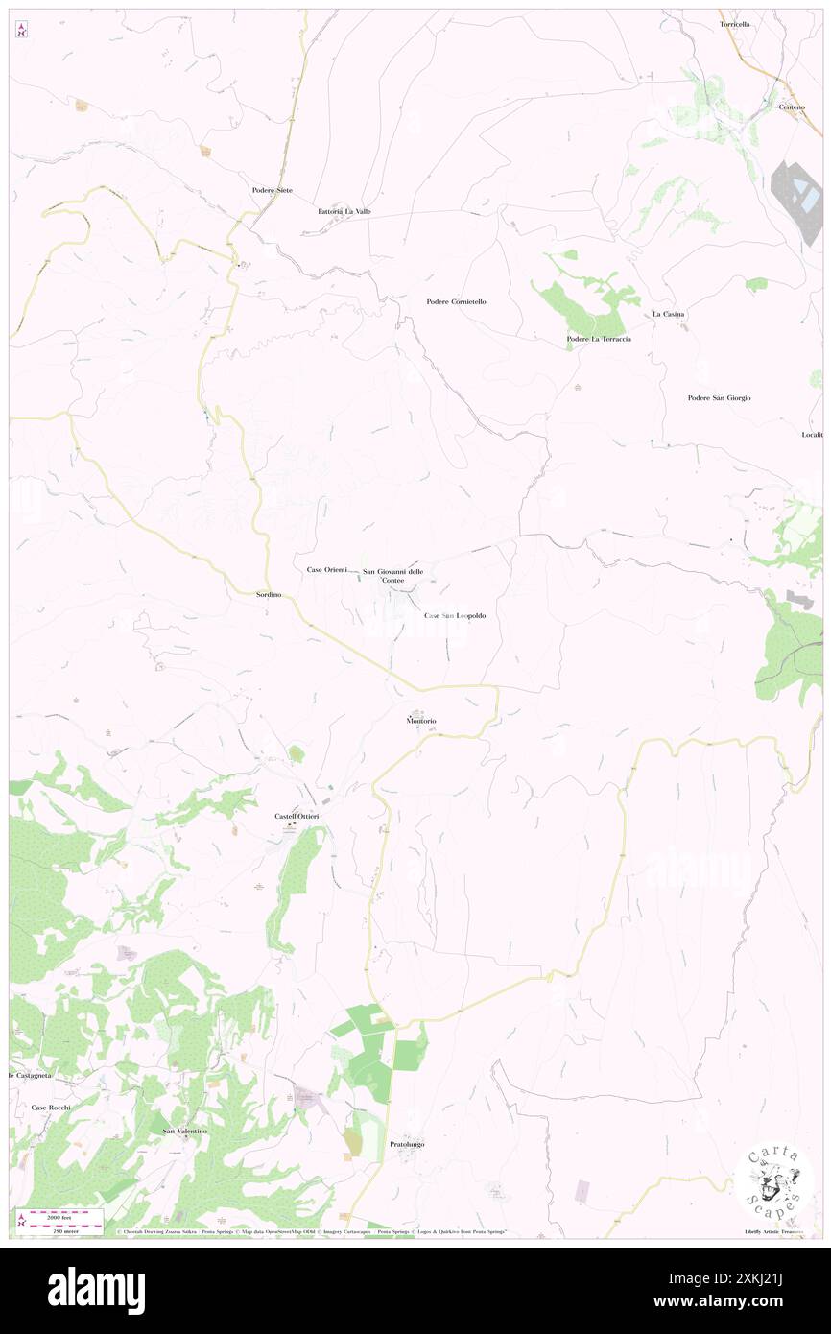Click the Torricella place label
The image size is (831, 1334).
point(734,23)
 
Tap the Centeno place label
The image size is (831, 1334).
point(792,106)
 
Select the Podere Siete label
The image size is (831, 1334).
point(272,190)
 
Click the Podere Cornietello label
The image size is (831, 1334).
point(456,301)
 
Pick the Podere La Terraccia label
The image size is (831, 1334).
point(598,339)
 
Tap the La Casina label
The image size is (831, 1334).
point(668,314)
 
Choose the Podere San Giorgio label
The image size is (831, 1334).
point(719,397)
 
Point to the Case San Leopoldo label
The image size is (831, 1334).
point(455,615)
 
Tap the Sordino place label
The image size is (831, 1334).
point(269,595)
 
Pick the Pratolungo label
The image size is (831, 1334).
point(407,1145)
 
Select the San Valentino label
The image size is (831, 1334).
point(184,1131)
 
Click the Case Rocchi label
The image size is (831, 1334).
point(51,1108)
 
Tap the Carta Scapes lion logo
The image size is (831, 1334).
point(774,1186)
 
